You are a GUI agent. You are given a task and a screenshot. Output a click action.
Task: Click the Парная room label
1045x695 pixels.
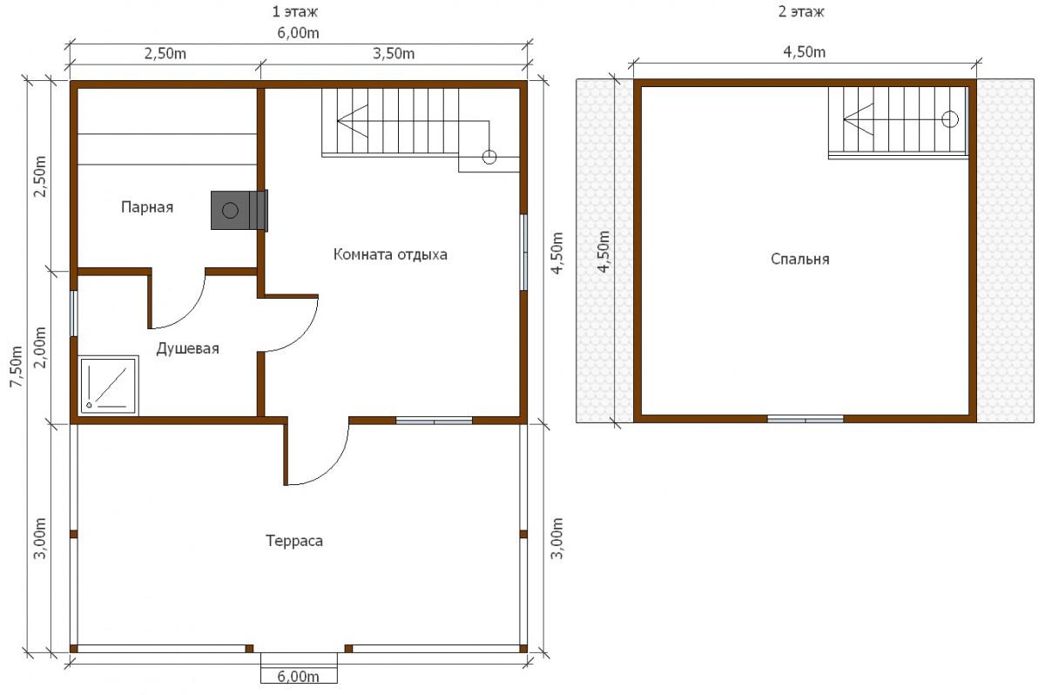coord(147,207)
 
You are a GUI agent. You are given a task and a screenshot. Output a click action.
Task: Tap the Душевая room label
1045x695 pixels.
coord(187,348)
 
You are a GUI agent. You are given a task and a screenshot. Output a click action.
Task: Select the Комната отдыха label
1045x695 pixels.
coord(390,254)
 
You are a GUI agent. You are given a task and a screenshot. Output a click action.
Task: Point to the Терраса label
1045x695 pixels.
coord(294,541)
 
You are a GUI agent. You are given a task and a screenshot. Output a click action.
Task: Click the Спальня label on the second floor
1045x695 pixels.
coord(799,260)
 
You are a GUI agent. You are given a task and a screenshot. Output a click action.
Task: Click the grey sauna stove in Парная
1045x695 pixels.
coord(239,211)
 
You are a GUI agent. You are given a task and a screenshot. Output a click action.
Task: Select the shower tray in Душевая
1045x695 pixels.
coord(109,385)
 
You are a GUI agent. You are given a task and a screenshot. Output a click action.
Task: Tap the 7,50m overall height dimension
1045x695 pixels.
coord(17,366)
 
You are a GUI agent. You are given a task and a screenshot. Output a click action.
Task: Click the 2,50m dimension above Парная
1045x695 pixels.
coord(165,54)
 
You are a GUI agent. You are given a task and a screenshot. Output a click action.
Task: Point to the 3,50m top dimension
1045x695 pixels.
coord(394,54)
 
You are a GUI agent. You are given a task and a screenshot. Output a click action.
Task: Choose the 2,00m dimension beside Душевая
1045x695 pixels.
coord(41,347)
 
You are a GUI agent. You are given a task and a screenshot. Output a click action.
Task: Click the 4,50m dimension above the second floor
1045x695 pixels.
coord(804,51)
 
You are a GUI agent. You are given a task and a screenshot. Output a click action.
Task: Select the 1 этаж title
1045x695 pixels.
coord(295,11)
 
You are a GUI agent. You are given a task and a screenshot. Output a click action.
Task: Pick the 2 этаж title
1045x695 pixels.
coord(800,11)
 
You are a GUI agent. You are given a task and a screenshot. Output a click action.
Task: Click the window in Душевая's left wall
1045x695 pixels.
coord(73,313)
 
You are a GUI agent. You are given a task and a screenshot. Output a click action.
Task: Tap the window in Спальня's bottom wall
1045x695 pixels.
coord(806,419)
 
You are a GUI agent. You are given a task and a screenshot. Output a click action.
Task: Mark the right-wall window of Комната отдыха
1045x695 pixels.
coord(524,252)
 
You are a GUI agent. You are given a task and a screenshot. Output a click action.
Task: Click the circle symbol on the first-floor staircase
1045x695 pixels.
coord(489,157)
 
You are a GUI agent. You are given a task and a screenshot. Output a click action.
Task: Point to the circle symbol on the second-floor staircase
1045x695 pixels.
coord(950,119)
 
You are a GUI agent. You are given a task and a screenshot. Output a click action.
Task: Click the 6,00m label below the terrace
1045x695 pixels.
coord(298,677)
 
